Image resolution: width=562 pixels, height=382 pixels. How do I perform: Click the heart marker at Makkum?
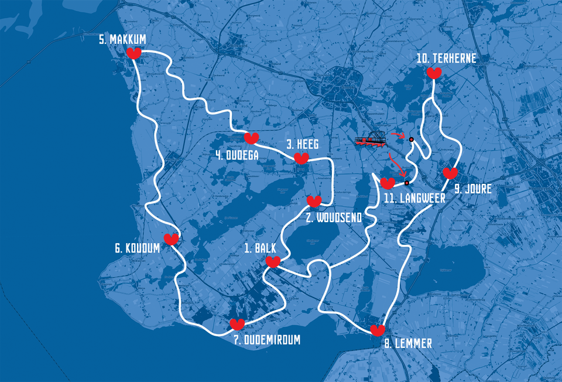(x=134, y=54)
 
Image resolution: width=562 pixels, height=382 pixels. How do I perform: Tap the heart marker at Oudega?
(x=251, y=138)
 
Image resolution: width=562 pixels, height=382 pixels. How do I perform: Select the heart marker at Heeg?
(x=301, y=158)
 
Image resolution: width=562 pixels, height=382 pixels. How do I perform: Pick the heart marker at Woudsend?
(x=314, y=202)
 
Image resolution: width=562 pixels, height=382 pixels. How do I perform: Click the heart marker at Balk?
(x=273, y=262)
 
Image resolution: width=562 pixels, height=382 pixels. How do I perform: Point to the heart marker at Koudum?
(x=171, y=239)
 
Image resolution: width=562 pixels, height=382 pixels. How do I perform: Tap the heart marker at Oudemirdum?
(x=237, y=324)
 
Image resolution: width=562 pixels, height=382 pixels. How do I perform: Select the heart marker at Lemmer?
(x=378, y=330)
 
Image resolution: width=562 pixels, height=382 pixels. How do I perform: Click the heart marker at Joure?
(x=450, y=173)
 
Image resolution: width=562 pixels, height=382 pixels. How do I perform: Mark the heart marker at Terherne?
(x=434, y=73)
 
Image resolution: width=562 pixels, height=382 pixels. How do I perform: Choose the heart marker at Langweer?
(x=388, y=183)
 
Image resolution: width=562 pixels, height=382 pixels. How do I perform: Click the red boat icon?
(x=369, y=140)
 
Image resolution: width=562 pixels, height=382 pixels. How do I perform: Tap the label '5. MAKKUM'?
(x=122, y=39)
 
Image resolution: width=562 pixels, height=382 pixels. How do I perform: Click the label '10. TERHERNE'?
(x=446, y=58)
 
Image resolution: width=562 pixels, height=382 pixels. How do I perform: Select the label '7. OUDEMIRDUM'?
(x=263, y=339)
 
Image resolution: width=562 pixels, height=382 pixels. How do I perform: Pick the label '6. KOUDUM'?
(x=137, y=248)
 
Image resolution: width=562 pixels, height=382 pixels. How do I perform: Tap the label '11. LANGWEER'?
(x=414, y=198)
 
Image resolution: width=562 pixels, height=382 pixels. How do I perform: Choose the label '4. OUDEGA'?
(x=237, y=156)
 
